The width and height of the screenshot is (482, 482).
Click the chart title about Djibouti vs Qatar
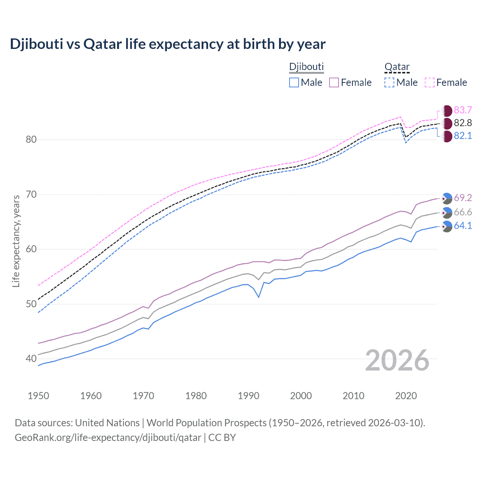pos(168,44)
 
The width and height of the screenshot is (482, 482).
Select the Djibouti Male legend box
pos(294,82)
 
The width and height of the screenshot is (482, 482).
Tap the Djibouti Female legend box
pos(334,82)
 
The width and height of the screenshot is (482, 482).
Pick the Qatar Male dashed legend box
pos(389,82)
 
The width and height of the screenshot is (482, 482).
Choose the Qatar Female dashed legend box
pos(430,82)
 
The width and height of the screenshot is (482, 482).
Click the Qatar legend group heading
pos(397,67)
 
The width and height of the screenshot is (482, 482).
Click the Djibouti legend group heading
pos(306,67)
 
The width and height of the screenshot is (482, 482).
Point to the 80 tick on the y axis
pos(31,140)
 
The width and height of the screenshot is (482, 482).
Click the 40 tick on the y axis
pos(31,359)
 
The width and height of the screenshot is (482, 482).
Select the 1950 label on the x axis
pos(38,396)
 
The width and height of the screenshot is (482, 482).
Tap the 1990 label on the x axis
pos(249,396)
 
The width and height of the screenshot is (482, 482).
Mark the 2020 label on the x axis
pos(406,396)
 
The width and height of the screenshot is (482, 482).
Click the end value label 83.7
pos(463,110)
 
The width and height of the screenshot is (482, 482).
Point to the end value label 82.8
pos(463,123)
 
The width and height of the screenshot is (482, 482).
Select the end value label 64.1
pos(463,226)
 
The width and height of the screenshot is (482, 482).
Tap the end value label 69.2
pos(463,198)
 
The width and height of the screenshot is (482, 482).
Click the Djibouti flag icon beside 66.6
pos(447,212)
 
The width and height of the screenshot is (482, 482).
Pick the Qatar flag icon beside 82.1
pos(447,136)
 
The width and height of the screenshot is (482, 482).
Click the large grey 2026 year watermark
pos(397,360)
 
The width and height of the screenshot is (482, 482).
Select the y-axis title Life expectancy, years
pos(16,241)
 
